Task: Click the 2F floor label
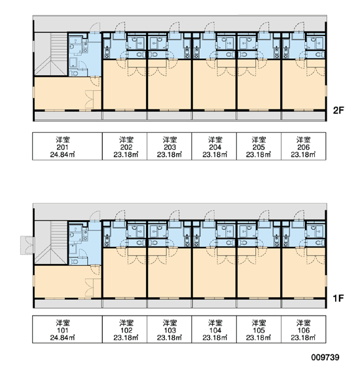338,110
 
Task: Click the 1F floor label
338,298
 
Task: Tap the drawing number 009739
325,357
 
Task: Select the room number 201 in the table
63,147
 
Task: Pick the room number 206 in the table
303,147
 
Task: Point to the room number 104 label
215,330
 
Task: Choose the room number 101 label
63,330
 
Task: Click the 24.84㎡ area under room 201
63,155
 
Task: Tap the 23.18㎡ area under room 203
170,155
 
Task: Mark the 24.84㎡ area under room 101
63,338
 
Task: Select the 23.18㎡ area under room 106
303,338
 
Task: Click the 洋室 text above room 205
259,140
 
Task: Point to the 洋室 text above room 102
126,323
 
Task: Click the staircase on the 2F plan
51,54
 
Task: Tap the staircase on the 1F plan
51,242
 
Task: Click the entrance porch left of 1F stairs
27,245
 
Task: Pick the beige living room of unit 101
67,281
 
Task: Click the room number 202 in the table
126,147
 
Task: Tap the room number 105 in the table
259,330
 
